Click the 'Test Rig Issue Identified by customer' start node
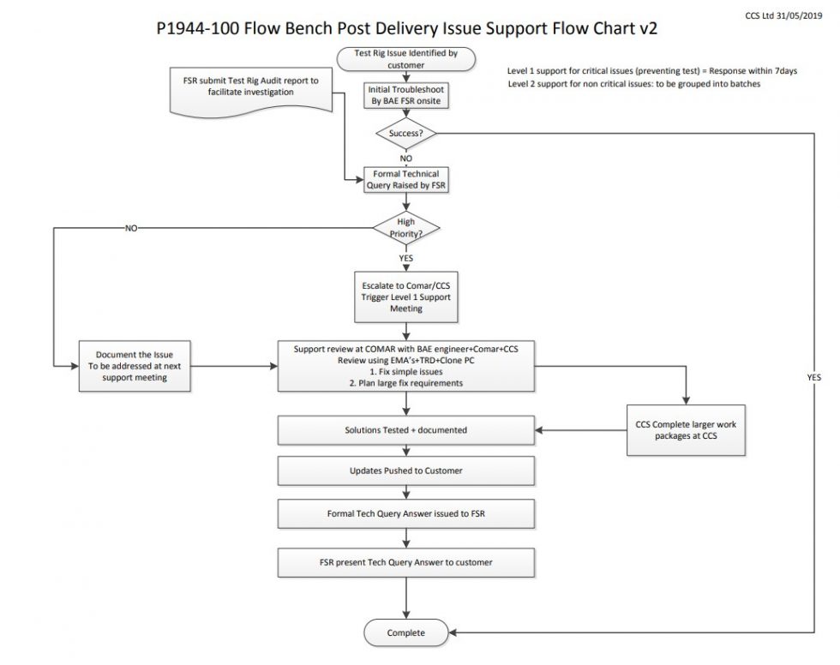[x=406, y=59]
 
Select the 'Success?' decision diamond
[x=406, y=133]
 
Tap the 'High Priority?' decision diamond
[x=406, y=229]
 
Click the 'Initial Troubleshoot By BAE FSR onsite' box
[x=406, y=95]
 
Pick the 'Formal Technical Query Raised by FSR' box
[x=406, y=179]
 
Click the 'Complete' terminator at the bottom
[x=406, y=633]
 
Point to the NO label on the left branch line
[x=131, y=229]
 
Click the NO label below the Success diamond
[x=406, y=159]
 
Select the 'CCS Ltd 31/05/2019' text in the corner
[x=792, y=15]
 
